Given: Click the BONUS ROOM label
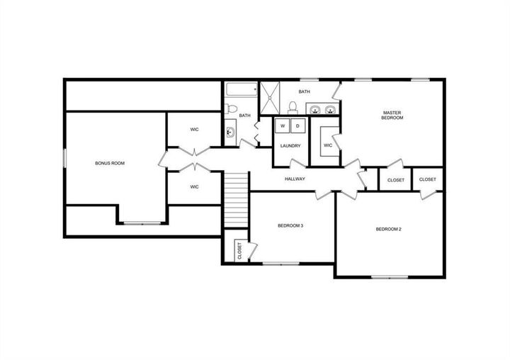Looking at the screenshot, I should pyautogui.click(x=110, y=164).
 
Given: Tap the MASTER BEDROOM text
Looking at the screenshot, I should pyautogui.click(x=392, y=115).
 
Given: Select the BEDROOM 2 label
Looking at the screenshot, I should pyautogui.click(x=388, y=229).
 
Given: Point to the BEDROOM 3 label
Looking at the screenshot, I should pyautogui.click(x=290, y=226).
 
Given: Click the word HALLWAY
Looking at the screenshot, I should pyautogui.click(x=295, y=179).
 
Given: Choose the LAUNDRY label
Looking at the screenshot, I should pyautogui.click(x=290, y=146).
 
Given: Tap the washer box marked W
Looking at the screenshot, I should pyautogui.click(x=283, y=126).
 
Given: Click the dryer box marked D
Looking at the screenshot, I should pyautogui.click(x=298, y=126).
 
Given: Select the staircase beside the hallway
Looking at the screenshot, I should pyautogui.click(x=237, y=199).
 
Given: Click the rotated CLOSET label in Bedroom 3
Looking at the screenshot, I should pyautogui.click(x=239, y=251).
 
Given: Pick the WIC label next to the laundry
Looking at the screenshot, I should pyautogui.click(x=328, y=146).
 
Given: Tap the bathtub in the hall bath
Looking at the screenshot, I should pyautogui.click(x=242, y=91).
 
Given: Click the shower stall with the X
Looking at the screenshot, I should pyautogui.click(x=271, y=98).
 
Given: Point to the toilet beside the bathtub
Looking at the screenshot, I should pyautogui.click(x=230, y=109).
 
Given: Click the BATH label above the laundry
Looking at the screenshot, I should pyautogui.click(x=304, y=91).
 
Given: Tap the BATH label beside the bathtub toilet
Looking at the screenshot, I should pyautogui.click(x=244, y=116).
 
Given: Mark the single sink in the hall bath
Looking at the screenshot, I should pyautogui.click(x=230, y=132).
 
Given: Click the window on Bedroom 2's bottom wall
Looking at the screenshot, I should pyautogui.click(x=392, y=276).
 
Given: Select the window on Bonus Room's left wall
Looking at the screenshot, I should pyautogui.click(x=65, y=158).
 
